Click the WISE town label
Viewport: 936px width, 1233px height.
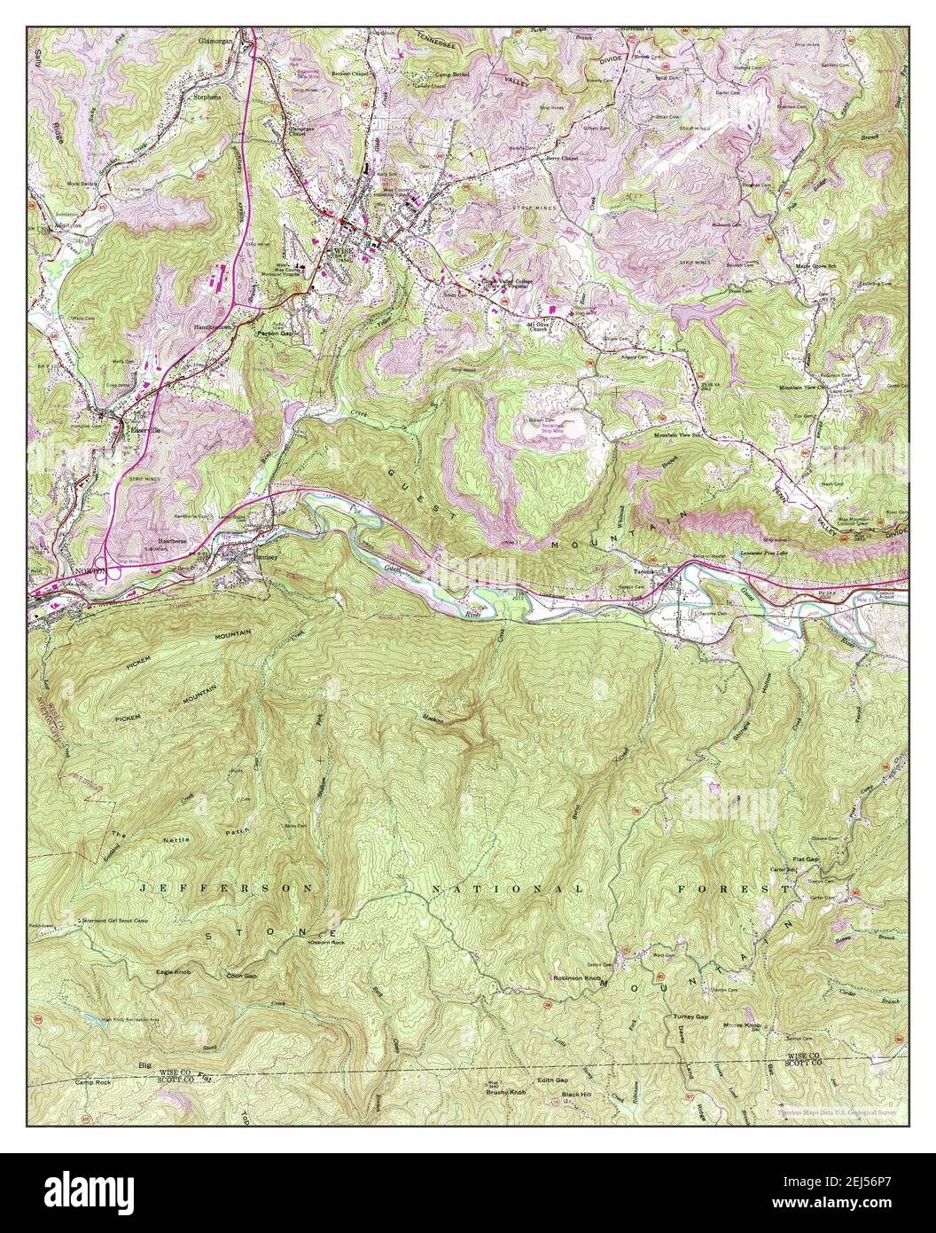(x=341, y=251)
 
